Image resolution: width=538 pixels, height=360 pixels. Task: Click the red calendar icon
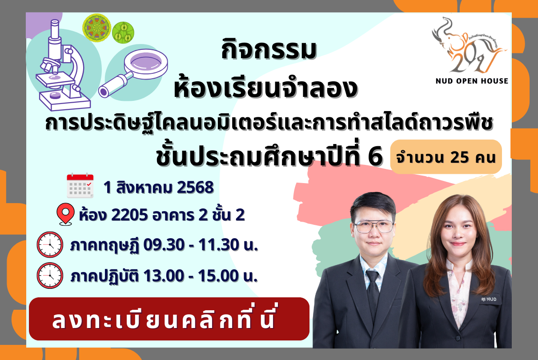pyautogui.click(x=80, y=186)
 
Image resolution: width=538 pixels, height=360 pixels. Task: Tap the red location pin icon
pyautogui.click(x=65, y=214)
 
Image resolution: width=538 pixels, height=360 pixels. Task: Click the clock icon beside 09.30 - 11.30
pyautogui.click(x=50, y=245)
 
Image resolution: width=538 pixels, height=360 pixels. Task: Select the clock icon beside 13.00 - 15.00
pyautogui.click(x=50, y=276)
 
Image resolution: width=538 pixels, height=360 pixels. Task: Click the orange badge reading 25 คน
pyautogui.click(x=446, y=157)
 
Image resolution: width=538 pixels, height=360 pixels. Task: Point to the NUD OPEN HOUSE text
pyautogui.click(x=472, y=81)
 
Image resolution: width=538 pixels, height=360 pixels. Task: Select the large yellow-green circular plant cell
pyautogui.click(x=96, y=28)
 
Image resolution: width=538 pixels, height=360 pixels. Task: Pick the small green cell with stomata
pyautogui.click(x=123, y=32)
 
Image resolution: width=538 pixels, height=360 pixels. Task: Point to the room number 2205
pyautogui.click(x=129, y=215)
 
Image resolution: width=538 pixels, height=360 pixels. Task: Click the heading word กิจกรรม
pyautogui.click(x=269, y=50)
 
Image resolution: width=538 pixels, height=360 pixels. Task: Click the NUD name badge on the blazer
pyautogui.click(x=489, y=299)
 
